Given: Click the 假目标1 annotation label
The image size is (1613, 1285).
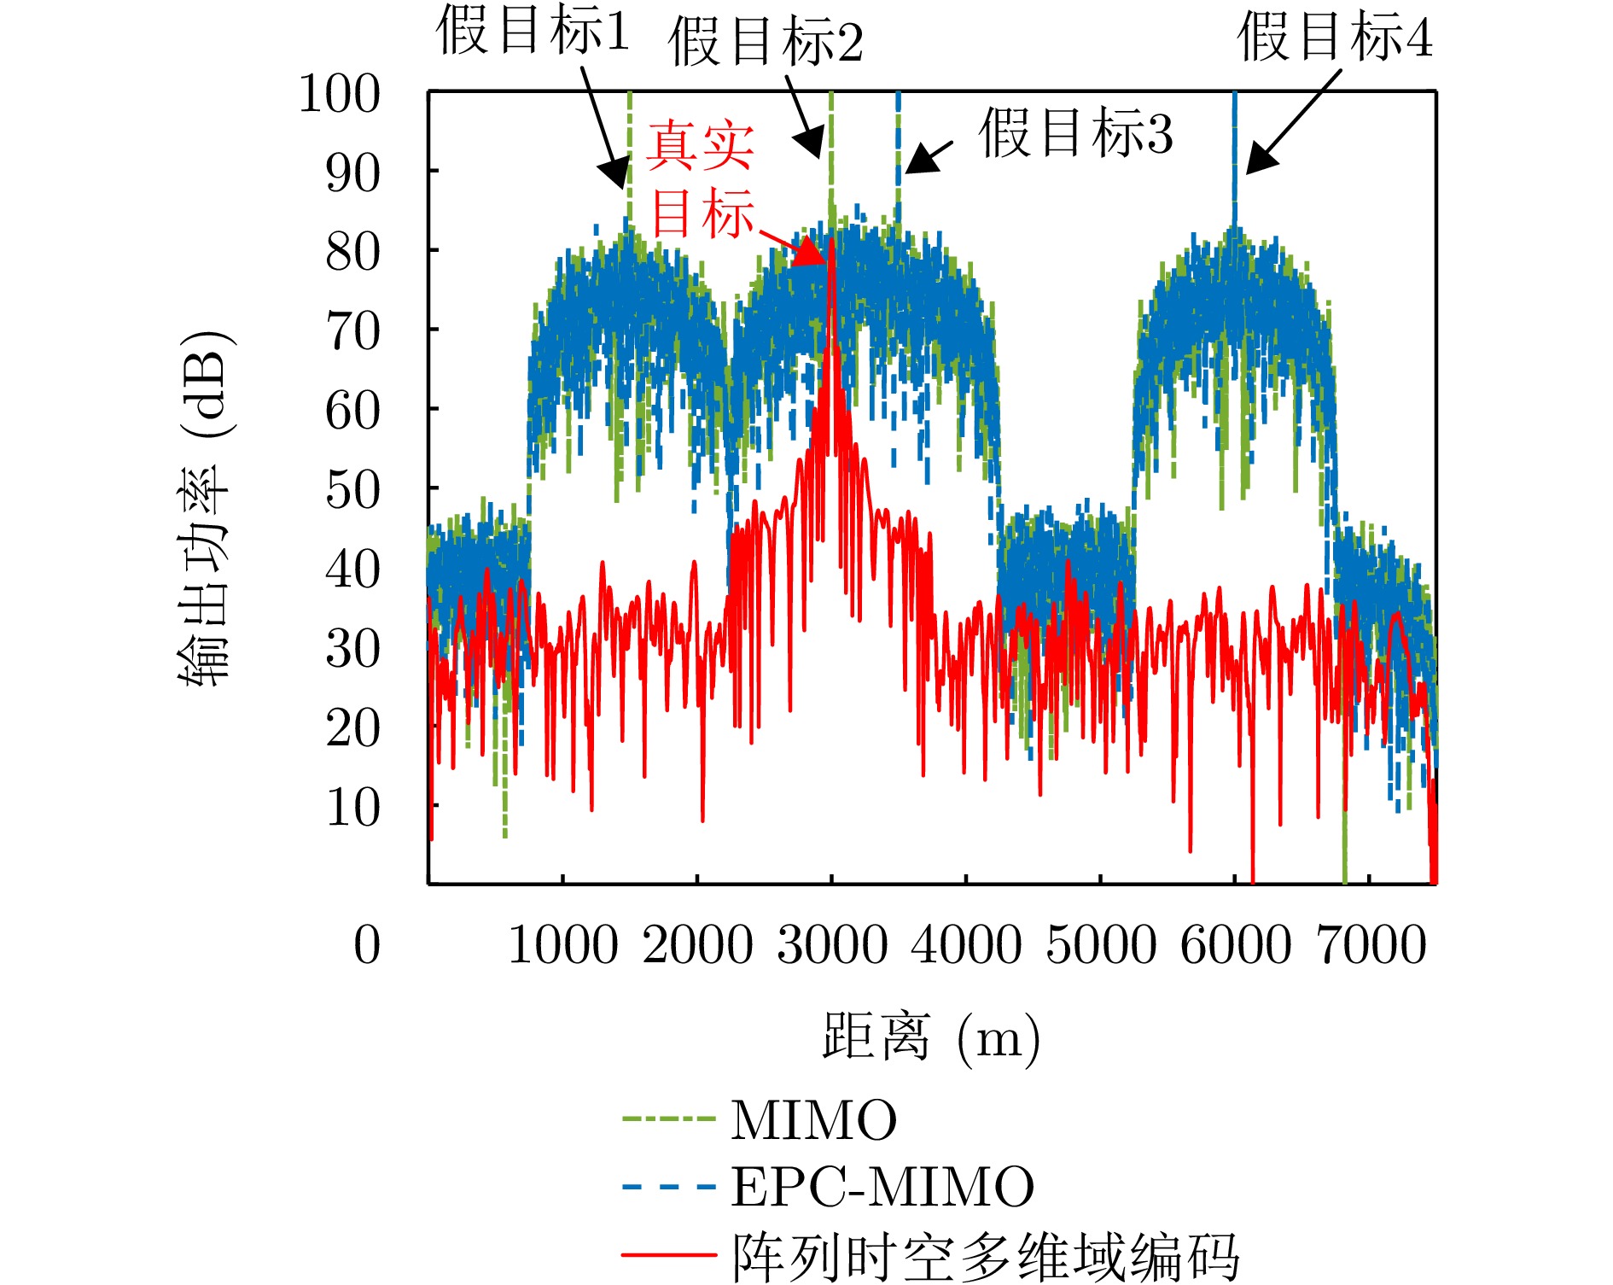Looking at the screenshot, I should (x=532, y=32).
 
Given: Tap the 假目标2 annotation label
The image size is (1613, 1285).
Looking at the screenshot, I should (x=765, y=42).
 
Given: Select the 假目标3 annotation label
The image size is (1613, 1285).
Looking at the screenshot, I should (x=1074, y=133).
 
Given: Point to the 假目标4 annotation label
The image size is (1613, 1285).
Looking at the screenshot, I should (x=1334, y=37).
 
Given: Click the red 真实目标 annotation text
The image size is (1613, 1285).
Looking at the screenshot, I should (x=701, y=179).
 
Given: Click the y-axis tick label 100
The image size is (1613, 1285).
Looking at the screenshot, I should (x=339, y=94).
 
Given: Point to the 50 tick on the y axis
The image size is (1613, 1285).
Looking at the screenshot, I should (x=352, y=490).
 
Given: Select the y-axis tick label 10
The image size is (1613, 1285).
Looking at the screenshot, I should (x=352, y=807).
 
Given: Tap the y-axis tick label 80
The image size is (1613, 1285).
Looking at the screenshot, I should (x=352, y=253).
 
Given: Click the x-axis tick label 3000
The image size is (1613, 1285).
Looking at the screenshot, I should (x=831, y=945).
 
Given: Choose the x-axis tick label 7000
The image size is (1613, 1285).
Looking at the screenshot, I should (x=1371, y=945).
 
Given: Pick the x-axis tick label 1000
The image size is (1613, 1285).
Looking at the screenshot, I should (x=562, y=945).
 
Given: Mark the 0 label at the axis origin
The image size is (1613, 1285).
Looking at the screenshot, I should (x=367, y=945).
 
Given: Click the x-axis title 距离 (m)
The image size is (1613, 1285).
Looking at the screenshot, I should (x=930, y=1037).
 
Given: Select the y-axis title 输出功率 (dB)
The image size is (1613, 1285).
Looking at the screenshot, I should (x=205, y=508).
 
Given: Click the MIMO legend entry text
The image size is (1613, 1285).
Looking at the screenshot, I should (x=813, y=1120).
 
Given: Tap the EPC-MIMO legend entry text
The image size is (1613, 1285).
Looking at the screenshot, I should (x=882, y=1187).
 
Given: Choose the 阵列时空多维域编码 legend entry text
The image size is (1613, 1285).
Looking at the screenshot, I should (x=986, y=1255).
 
